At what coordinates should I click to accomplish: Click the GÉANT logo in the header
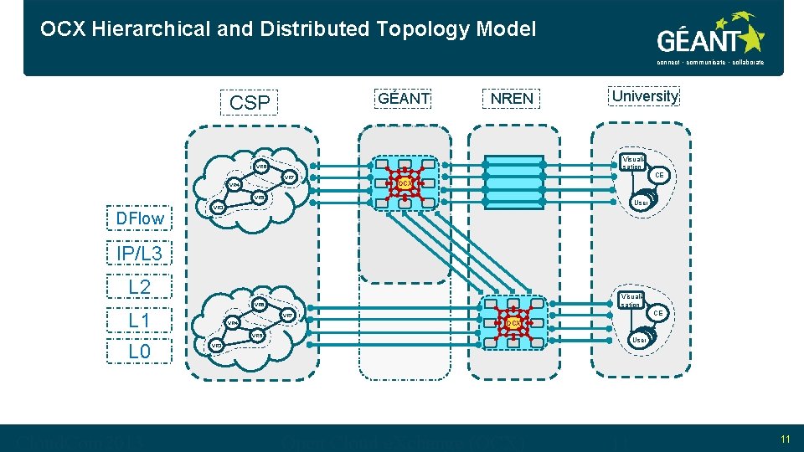710,38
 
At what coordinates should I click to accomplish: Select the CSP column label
250,102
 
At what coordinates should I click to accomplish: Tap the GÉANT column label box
404,98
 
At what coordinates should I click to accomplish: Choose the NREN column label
512,98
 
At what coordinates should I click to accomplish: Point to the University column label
645,96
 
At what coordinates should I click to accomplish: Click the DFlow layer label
140,218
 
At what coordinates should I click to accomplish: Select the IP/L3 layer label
140,253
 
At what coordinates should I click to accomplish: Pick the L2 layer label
140,287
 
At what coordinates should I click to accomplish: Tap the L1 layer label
140,320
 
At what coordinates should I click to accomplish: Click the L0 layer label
140,352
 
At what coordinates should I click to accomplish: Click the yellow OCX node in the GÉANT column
405,182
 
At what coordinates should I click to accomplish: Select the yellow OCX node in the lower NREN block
513,322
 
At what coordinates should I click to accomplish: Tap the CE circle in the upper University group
659,176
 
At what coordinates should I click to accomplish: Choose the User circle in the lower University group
641,341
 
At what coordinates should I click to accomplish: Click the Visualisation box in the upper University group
633,162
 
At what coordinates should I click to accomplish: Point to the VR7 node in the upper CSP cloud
288,177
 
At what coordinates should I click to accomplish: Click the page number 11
785,439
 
